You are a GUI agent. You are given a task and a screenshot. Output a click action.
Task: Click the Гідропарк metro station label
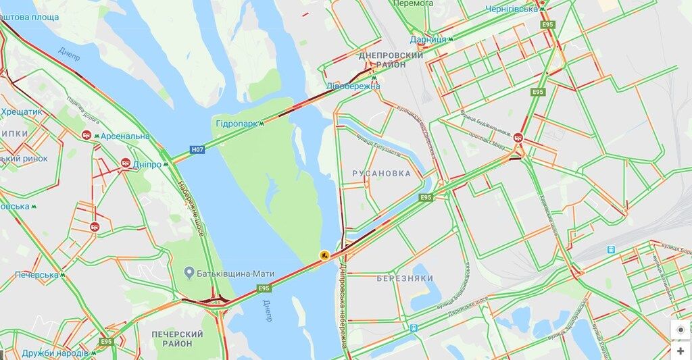236,124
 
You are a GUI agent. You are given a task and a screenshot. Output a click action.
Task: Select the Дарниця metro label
428,39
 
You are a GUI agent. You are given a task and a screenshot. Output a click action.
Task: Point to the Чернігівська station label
512,9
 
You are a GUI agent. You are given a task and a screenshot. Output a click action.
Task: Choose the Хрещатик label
22,111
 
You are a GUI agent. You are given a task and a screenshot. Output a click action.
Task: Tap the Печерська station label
36,275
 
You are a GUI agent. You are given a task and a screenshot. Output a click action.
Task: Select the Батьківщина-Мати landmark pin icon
190,273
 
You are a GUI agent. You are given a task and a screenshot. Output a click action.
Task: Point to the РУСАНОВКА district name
381,174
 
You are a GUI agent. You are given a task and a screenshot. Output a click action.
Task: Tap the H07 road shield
197,149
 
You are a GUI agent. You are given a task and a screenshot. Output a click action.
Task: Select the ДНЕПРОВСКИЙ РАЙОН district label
391,59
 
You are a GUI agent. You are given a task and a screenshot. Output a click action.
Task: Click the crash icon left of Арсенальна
87,135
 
